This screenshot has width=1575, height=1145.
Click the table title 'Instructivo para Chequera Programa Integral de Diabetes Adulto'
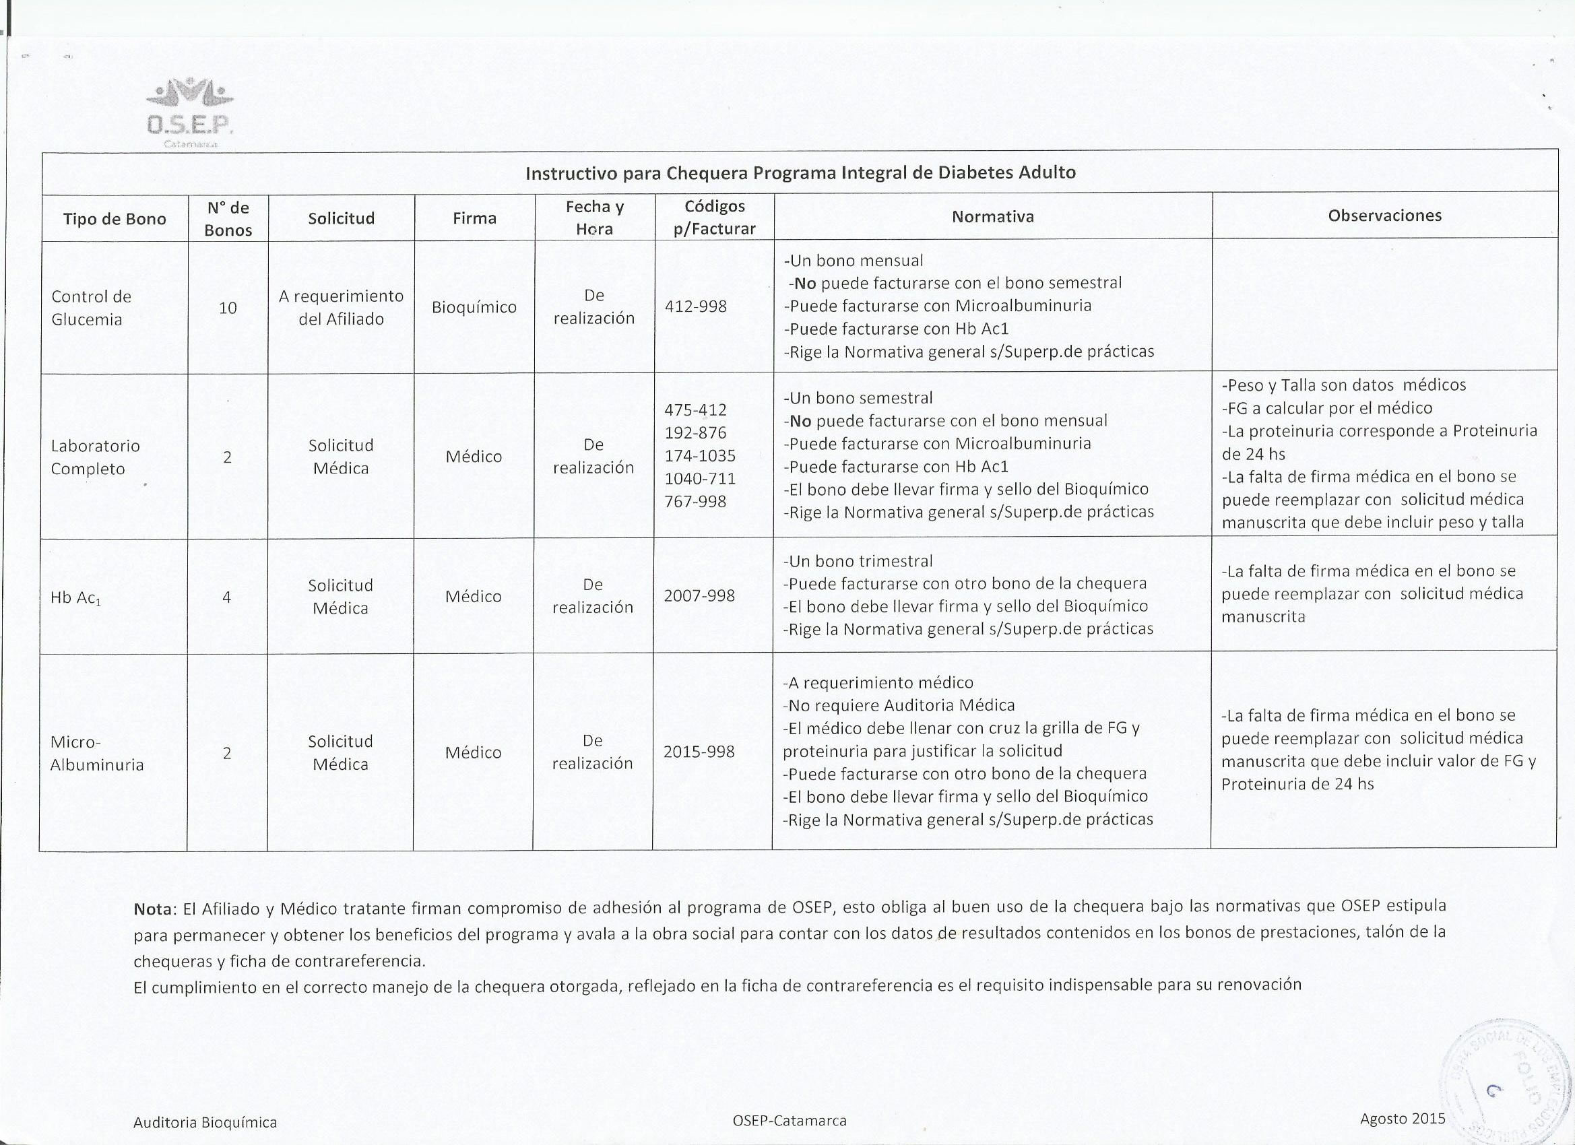point(800,173)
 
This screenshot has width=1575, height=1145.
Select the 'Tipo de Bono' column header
point(115,219)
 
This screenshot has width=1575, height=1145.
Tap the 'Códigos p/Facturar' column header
point(714,218)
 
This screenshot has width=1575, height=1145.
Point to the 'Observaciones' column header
point(1384,216)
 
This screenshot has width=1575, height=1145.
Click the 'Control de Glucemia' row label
point(90,308)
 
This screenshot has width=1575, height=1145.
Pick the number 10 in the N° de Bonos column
point(228,308)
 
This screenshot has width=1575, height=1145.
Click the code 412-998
point(695,306)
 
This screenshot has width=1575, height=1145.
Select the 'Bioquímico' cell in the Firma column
point(474,307)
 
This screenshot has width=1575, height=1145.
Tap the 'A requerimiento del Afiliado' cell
point(341,307)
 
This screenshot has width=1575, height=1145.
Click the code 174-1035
point(699,455)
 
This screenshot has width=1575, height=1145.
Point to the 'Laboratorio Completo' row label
point(95,457)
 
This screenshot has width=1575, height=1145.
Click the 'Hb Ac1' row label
point(75,597)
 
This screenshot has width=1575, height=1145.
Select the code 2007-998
point(699,595)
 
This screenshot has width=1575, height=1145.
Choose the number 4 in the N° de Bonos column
point(226,597)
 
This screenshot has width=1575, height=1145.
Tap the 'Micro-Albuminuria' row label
point(96,753)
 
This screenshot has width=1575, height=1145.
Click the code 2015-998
point(699,751)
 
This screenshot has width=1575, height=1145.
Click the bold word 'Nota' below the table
point(152,909)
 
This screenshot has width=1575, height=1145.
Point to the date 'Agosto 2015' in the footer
point(1402,1118)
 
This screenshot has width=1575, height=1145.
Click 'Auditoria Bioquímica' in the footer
point(205,1122)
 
